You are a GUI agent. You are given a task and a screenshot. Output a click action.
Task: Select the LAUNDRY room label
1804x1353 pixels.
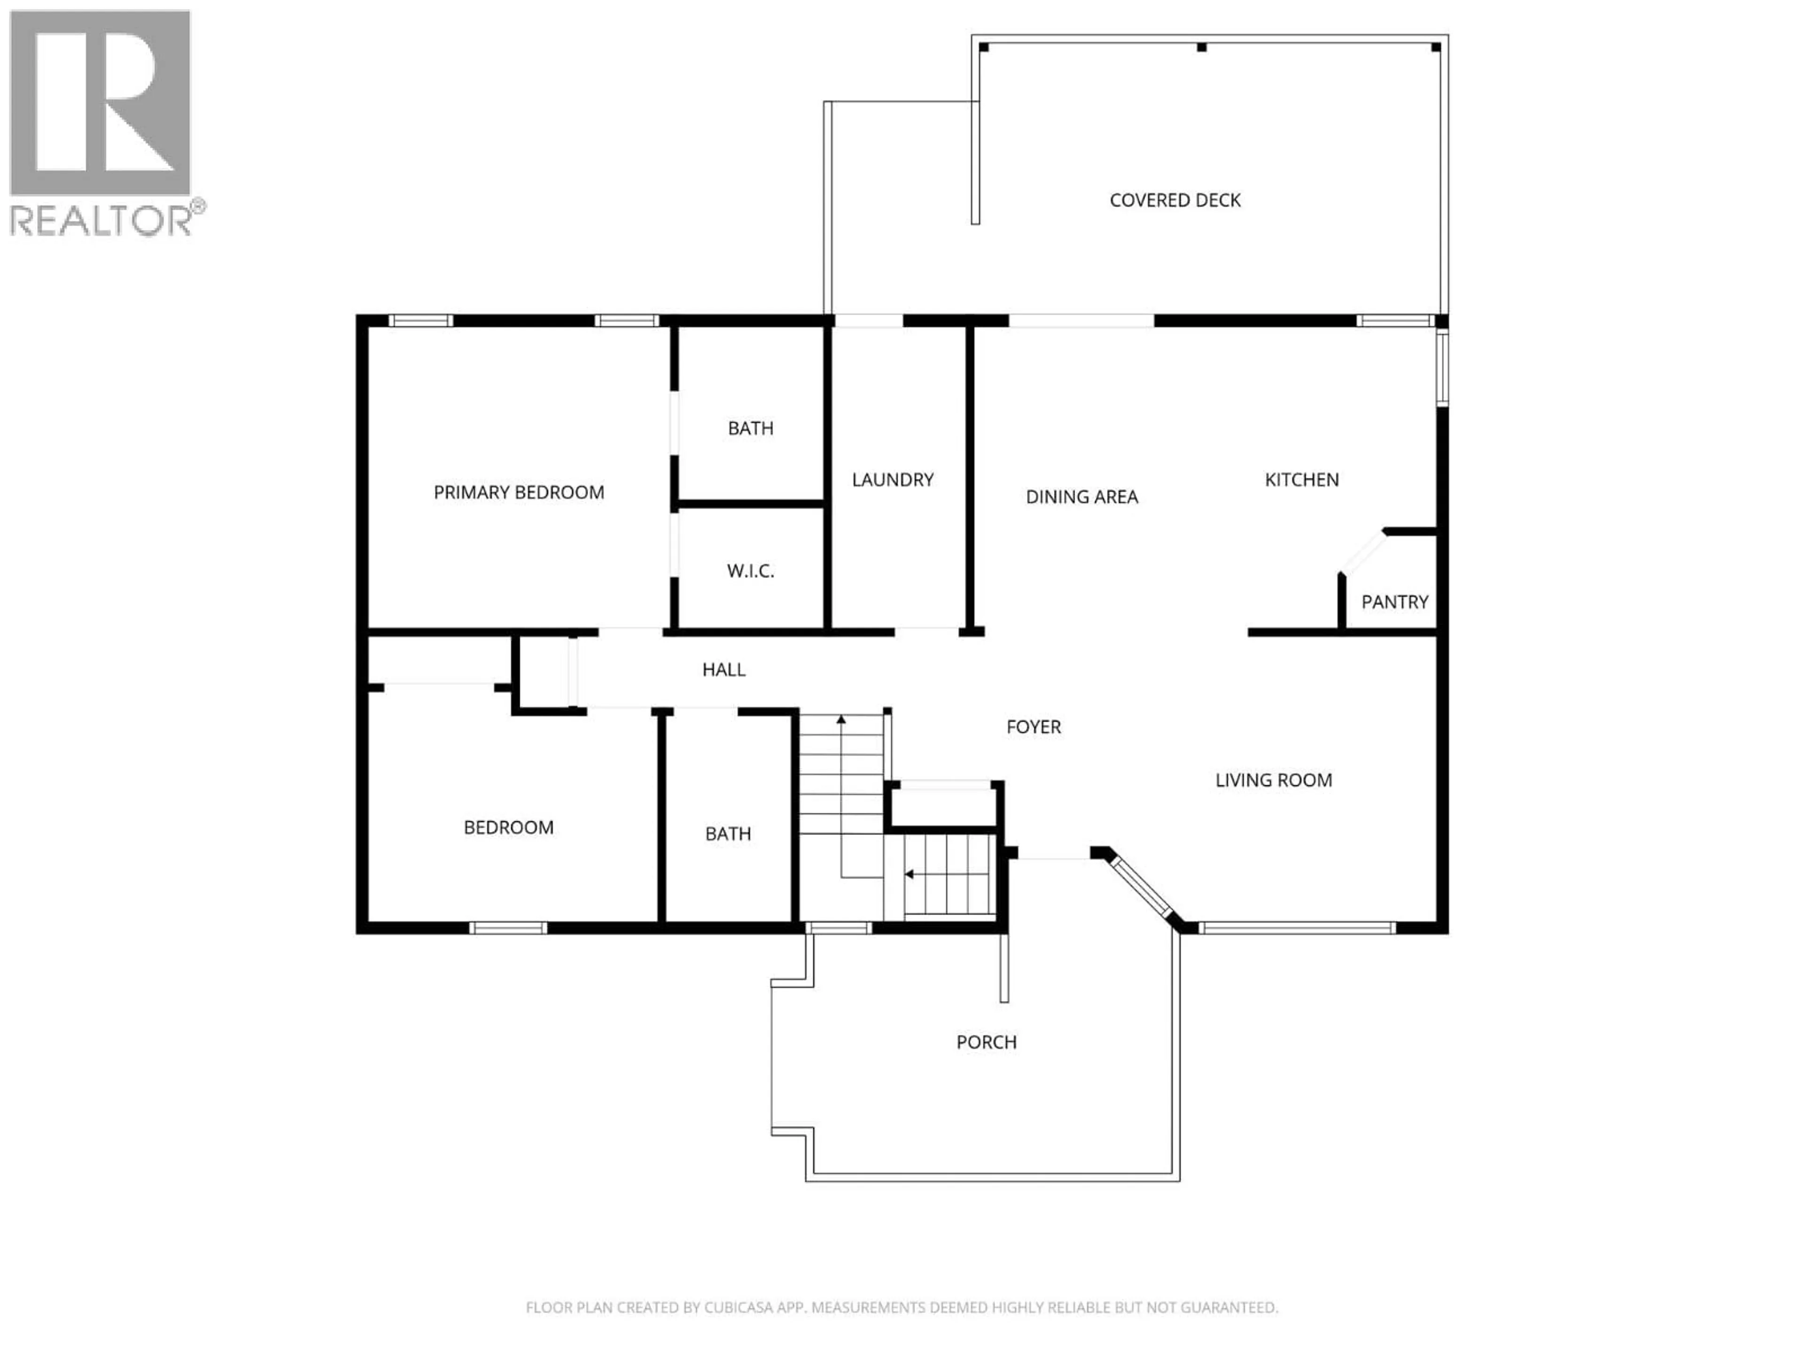click(x=892, y=480)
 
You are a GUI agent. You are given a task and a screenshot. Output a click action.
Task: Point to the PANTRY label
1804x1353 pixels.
click(x=1395, y=602)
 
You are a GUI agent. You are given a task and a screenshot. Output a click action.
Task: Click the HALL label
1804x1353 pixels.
click(x=723, y=669)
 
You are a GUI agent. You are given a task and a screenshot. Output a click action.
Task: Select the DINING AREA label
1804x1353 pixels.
click(x=1081, y=497)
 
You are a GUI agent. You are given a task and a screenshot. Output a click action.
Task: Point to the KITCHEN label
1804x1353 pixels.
click(x=1302, y=480)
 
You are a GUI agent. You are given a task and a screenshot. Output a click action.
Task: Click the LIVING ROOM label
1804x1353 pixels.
click(x=1273, y=780)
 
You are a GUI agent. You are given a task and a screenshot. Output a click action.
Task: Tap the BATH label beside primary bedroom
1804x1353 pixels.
click(x=750, y=428)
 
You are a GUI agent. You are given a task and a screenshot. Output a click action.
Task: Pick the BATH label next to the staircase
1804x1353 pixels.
click(x=727, y=833)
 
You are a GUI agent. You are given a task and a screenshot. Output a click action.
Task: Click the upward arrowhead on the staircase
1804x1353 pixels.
click(x=841, y=719)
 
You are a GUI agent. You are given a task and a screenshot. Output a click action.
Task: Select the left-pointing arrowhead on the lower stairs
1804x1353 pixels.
click(x=908, y=874)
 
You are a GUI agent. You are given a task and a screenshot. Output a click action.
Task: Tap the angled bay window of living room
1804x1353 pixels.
click(x=1142, y=891)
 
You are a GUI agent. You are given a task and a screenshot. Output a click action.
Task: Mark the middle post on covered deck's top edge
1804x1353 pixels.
click(x=1201, y=48)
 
